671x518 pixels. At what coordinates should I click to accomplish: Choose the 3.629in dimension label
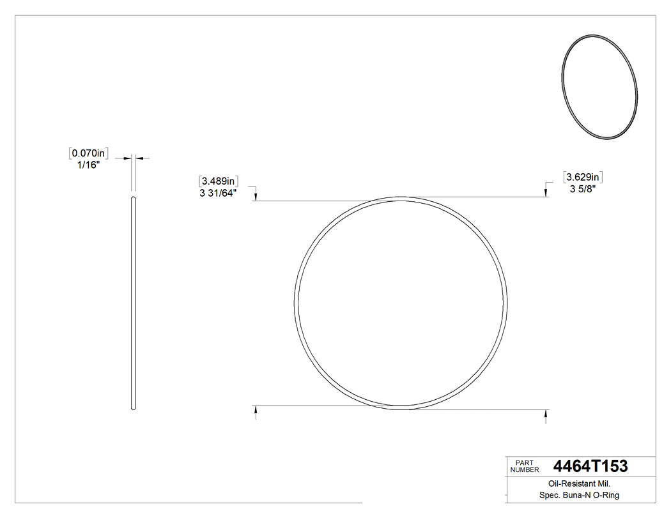[583, 176]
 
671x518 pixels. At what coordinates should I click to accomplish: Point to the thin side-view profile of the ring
[134, 303]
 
